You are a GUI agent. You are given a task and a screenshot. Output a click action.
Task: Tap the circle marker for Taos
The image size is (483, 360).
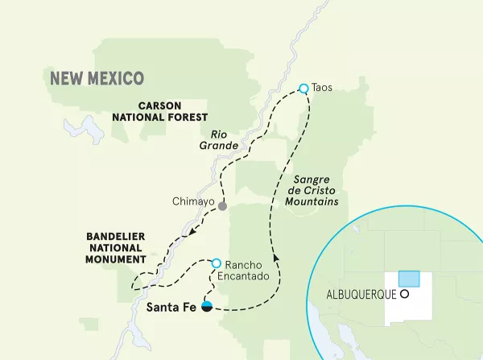click(x=303, y=89)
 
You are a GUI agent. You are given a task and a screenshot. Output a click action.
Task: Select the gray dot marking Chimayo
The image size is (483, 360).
click(x=222, y=204)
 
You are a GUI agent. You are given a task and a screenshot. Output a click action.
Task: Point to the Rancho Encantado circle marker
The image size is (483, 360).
click(x=216, y=263)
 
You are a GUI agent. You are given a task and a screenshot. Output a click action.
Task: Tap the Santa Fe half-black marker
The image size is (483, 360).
click(x=207, y=306)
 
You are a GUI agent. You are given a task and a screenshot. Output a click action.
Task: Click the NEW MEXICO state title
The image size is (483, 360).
click(x=97, y=78)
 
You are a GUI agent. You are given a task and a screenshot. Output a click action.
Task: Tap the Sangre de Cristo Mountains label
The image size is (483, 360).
click(x=311, y=189)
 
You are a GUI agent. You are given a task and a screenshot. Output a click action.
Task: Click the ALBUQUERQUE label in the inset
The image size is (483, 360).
click(x=360, y=294)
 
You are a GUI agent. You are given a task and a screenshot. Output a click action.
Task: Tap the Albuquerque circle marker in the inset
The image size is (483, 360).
click(x=405, y=294)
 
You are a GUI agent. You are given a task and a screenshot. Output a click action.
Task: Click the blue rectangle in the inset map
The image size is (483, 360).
click(x=410, y=279)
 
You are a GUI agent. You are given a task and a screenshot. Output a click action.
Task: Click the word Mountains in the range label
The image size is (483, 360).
click(x=311, y=201)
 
